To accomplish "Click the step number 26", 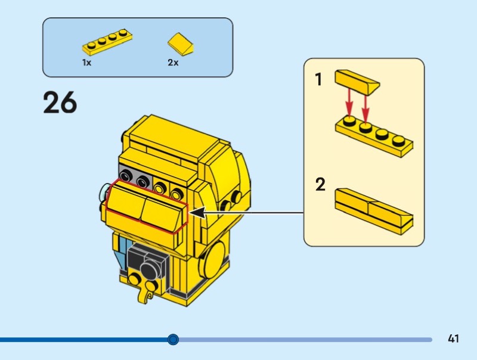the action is point(60,103).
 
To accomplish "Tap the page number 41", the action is point(453,339).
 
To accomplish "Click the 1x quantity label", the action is point(86,63).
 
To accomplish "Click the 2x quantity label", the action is point(173,63).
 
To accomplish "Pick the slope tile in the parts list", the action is point(181,44).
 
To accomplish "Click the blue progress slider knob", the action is point(173,339).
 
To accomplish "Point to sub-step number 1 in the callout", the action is point(318,79).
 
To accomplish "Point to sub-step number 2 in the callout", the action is point(320,184).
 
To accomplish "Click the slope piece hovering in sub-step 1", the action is point(357,82).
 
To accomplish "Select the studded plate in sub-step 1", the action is point(374,136).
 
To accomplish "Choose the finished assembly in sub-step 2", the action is point(374,212).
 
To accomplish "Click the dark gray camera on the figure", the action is point(148,262).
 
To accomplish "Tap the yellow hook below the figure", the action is point(145,296).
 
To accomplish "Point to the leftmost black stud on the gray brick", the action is point(125,175).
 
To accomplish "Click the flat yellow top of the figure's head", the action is point(171,136).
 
